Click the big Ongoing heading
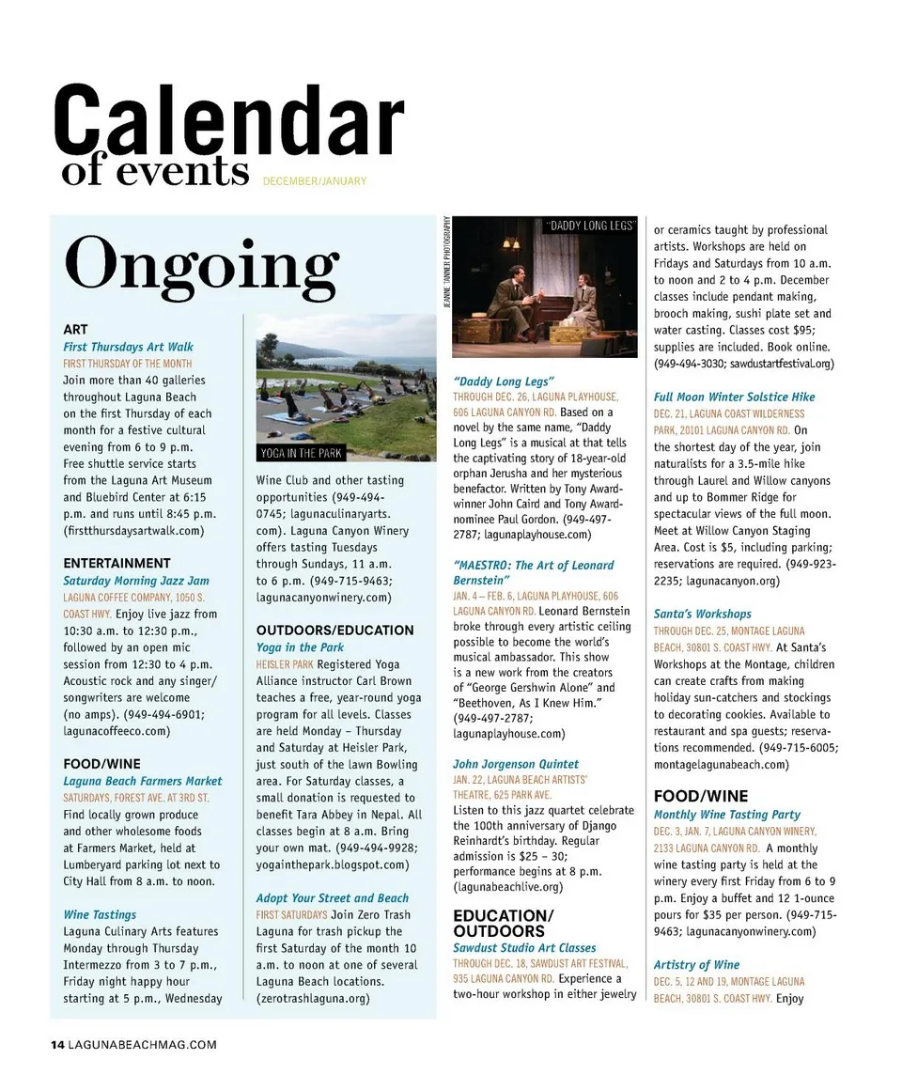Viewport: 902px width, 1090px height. [x=201, y=263]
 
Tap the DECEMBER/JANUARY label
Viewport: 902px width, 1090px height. [x=315, y=180]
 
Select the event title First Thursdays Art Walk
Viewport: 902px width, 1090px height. [x=128, y=347]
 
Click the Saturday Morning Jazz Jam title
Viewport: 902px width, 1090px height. [x=136, y=581]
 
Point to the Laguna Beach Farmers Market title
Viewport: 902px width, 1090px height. [x=143, y=781]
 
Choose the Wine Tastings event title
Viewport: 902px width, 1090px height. [x=100, y=914]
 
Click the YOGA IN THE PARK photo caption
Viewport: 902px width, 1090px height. [x=301, y=454]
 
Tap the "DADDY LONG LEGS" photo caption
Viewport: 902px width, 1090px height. [x=592, y=226]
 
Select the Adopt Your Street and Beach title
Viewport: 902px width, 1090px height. [x=333, y=898]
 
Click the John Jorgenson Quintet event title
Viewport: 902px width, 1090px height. [x=516, y=764]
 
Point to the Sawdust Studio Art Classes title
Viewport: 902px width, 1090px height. [x=524, y=948]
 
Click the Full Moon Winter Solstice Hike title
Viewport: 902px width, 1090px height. [x=735, y=397]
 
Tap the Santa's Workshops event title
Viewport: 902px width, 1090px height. [x=703, y=614]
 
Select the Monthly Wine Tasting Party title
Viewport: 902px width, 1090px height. [x=727, y=815]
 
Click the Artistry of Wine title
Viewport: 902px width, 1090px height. [x=696, y=965]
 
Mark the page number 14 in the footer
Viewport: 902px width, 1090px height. [x=57, y=1044]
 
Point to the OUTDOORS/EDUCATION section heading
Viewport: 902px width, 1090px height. [x=334, y=631]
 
